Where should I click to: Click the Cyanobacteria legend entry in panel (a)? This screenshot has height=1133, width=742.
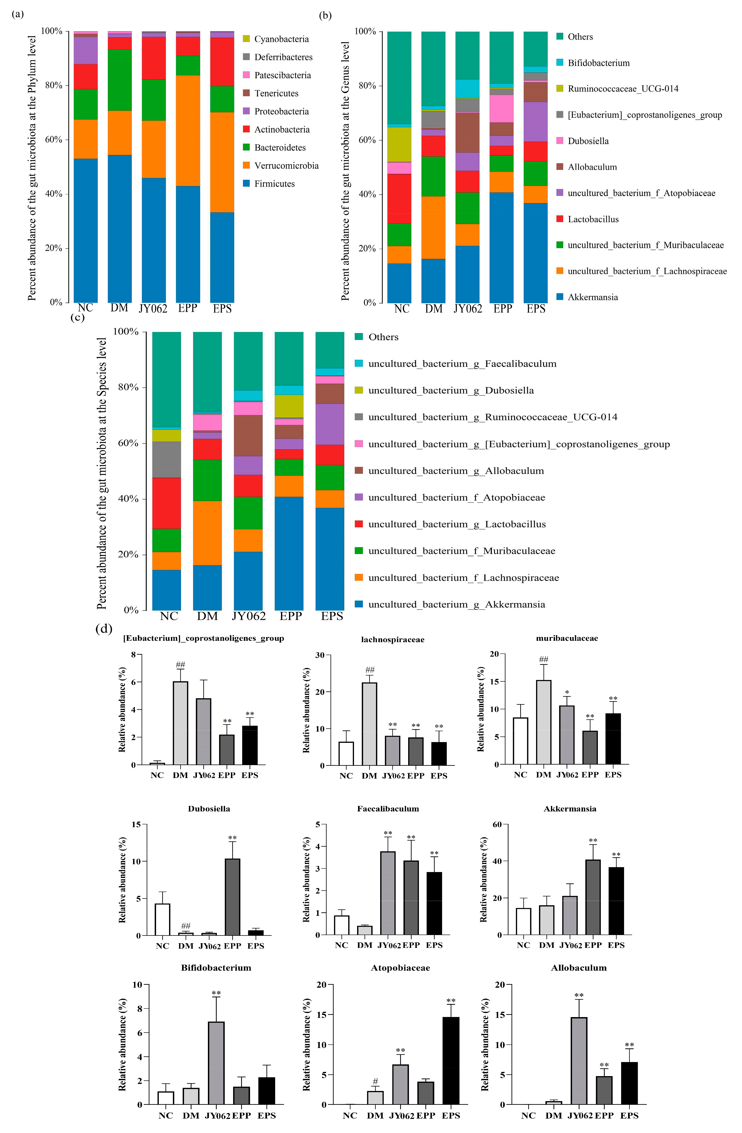pos(281,39)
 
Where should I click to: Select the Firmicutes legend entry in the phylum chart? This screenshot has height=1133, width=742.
pos(274,184)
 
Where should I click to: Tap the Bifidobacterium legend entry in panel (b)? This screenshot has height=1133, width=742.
pos(598,63)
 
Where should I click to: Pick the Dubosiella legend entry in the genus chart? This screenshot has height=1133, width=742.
pos(588,141)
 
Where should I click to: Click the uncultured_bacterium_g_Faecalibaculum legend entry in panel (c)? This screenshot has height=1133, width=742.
pos(462,364)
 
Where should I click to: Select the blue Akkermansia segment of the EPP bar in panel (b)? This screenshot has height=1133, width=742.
pos(501,247)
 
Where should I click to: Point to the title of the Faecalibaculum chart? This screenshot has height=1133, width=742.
pos(388,809)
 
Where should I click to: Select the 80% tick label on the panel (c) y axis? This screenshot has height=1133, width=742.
pos(125,387)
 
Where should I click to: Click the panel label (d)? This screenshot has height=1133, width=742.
pos(104,629)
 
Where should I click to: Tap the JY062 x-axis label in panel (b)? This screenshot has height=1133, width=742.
pos(468,309)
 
